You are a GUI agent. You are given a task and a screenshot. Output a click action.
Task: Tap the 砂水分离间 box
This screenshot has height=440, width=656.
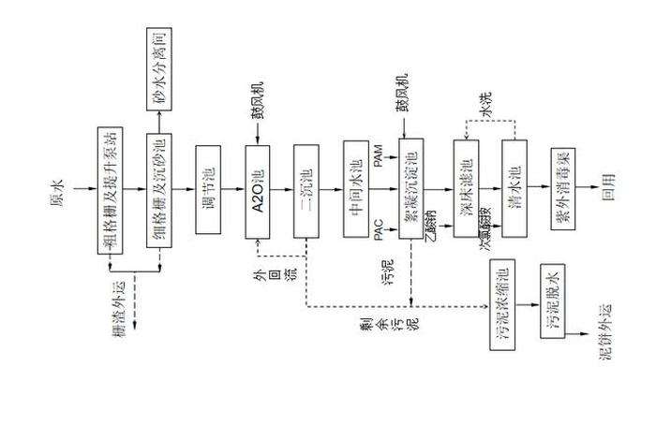point(160,66)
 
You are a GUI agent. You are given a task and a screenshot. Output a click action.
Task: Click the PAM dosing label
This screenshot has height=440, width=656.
point(378,163)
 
